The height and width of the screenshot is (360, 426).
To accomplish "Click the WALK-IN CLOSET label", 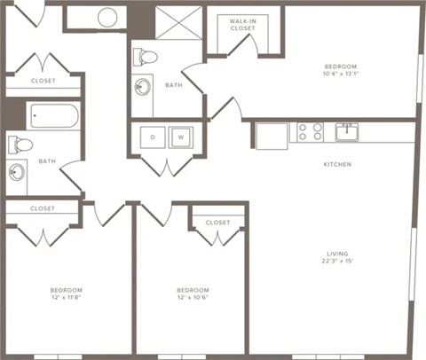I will click(243, 24).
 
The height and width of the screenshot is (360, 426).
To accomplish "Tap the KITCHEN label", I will click(337, 165).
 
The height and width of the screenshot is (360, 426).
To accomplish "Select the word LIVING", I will click(337, 253).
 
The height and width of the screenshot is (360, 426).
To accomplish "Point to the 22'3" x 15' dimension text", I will click(337, 262).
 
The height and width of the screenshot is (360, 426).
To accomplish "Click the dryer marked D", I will click(152, 137).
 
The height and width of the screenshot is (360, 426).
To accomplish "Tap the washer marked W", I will click(180, 137).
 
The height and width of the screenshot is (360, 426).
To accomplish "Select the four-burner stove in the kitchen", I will click(309, 133).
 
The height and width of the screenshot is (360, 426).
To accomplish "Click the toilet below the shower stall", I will click(145, 58).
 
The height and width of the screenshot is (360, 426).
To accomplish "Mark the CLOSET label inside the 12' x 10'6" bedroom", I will click(217, 223).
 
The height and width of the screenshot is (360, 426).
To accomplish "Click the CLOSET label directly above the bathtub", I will click(43, 81).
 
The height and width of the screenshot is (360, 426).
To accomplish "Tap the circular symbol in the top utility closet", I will click(107, 16).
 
